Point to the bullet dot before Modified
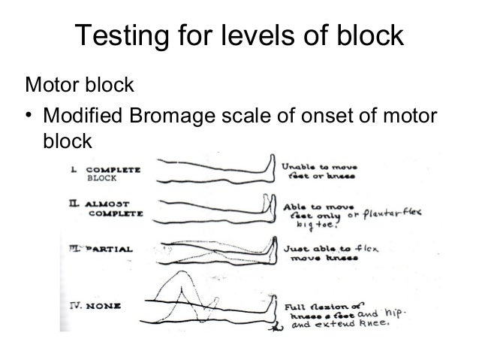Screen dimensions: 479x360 (x=29, y=115)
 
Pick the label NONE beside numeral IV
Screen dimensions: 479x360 (x=98, y=306)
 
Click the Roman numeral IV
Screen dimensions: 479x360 (x=73, y=306)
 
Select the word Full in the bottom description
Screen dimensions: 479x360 (x=294, y=307)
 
